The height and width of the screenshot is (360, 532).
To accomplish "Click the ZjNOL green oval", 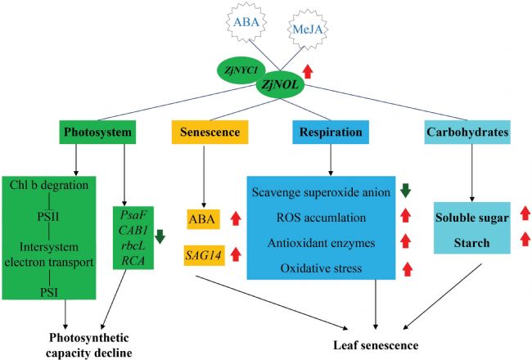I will pyautogui.click(x=279, y=84).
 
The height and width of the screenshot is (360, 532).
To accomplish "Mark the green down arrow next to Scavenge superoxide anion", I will pyautogui.click(x=406, y=191).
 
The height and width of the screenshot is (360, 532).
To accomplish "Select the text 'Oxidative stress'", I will pyautogui.click(x=320, y=268).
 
